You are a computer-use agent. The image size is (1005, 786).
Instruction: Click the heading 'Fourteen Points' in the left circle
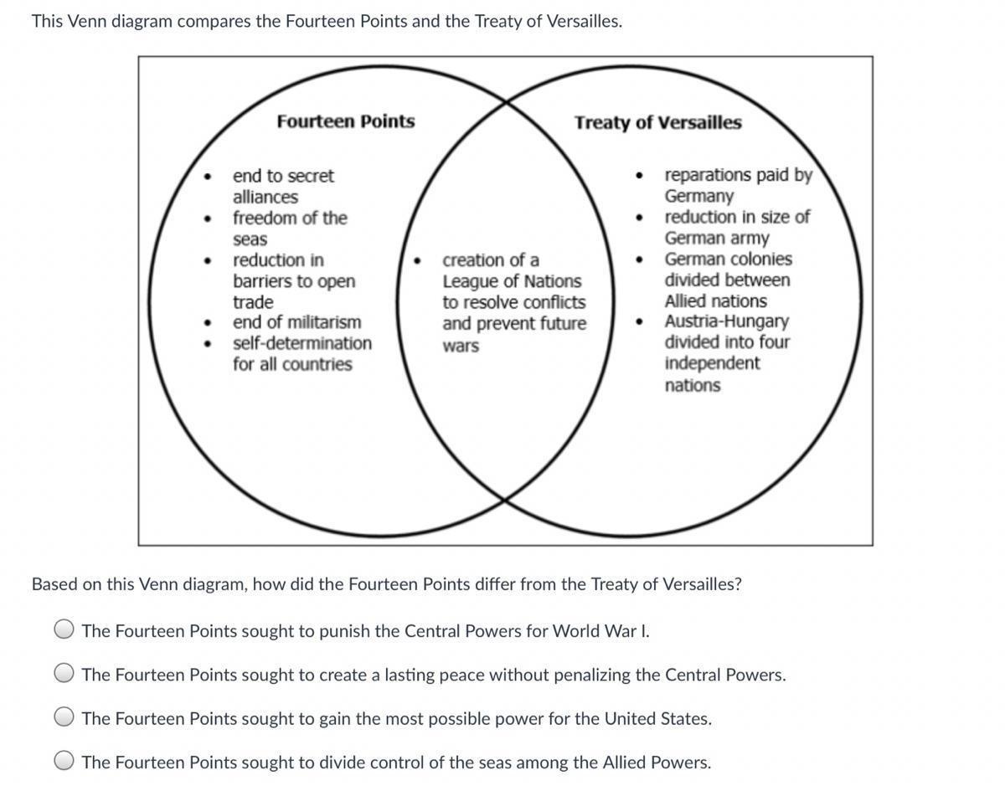pos(345,121)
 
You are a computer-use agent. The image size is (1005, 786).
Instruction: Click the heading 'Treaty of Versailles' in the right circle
pos(657,123)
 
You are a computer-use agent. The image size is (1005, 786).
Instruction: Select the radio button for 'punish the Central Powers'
pos(65,630)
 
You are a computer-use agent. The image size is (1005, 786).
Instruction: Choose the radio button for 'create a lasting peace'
pos(65,674)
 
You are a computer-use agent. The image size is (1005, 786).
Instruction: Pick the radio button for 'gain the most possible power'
pos(65,718)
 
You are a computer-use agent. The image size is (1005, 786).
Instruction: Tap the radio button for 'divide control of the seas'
pos(65,762)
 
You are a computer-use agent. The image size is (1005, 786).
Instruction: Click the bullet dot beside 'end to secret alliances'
pos(207,177)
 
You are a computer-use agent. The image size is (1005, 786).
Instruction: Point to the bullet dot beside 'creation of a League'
pos(417,260)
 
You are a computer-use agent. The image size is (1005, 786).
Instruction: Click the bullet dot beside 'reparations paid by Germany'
pos(640,176)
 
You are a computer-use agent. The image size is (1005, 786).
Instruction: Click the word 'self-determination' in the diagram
pos(302,343)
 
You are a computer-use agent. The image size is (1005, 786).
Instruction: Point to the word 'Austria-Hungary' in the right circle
pos(726,321)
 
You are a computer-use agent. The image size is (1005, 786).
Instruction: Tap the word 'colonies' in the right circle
pos(760,259)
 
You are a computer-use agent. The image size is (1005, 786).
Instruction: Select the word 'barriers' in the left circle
pos(260,281)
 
